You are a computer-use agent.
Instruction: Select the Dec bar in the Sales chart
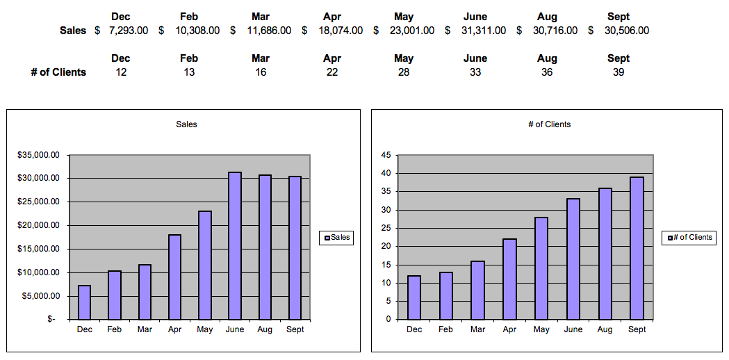pos(84,302)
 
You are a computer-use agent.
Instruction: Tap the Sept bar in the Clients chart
pos(637,248)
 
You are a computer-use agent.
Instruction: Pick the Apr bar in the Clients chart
pos(509,279)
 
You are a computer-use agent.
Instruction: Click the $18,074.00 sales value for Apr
pos(341,31)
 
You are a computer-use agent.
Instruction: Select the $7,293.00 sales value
pos(129,31)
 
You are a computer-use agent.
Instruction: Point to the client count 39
pos(619,72)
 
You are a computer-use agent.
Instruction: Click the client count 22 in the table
pos(332,72)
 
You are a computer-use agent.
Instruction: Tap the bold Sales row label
pos(73,31)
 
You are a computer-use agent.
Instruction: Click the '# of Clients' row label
pos(58,72)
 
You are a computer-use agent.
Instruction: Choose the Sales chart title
pos(186,124)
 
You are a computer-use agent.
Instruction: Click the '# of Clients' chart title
pos(549,124)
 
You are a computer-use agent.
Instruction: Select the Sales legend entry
pos(336,238)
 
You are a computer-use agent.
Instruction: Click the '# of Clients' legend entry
pos(689,238)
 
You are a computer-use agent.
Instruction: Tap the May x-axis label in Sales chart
pos(204,329)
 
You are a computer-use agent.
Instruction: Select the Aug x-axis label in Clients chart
pos(605,329)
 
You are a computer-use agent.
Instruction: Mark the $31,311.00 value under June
pos(484,31)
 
